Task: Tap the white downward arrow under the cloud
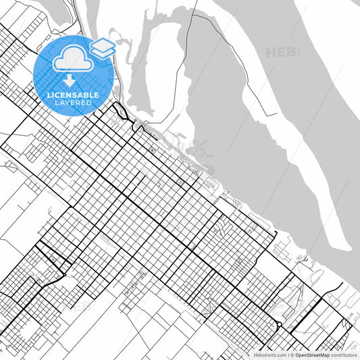pos(70,81)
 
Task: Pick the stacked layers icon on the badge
pos(102,48)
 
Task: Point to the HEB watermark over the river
pos(282,52)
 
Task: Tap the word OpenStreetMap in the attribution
pos(316,354)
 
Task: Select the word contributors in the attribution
pos(344,354)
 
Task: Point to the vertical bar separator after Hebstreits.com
pos(286,354)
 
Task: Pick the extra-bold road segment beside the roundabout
pos(287,330)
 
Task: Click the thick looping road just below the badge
pos(120,111)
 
